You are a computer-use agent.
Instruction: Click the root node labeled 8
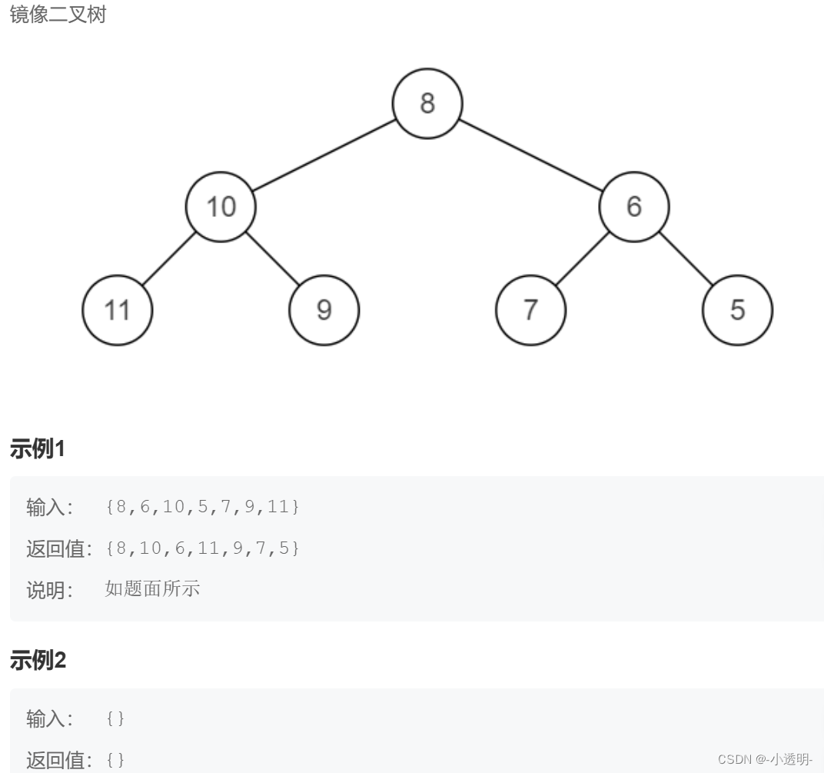tap(427, 104)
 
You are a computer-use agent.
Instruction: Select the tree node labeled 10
tap(221, 207)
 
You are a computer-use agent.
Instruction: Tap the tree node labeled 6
tap(634, 207)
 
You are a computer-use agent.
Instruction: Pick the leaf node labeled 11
tap(118, 310)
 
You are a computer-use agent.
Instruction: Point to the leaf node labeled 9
tap(324, 310)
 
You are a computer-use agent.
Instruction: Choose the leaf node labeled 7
tap(530, 310)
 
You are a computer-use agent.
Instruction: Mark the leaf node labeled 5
tap(737, 310)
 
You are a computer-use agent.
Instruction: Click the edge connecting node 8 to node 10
tap(324, 155)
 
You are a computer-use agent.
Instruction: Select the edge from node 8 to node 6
tap(530, 155)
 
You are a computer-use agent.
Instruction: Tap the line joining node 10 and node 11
tap(169, 258)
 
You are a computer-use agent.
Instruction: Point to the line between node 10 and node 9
tap(272, 258)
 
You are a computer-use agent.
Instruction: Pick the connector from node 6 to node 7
tap(582, 258)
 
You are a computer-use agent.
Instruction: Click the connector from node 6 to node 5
tap(686, 258)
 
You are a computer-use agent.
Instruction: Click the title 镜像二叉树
tap(58, 15)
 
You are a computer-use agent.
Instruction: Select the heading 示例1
tap(37, 449)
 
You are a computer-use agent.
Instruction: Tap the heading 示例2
tap(38, 660)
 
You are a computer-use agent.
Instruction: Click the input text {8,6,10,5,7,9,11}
tap(203, 507)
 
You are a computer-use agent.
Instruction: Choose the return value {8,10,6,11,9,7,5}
tap(203, 548)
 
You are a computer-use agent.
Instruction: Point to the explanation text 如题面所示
tap(152, 589)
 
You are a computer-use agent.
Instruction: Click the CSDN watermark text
tap(765, 759)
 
